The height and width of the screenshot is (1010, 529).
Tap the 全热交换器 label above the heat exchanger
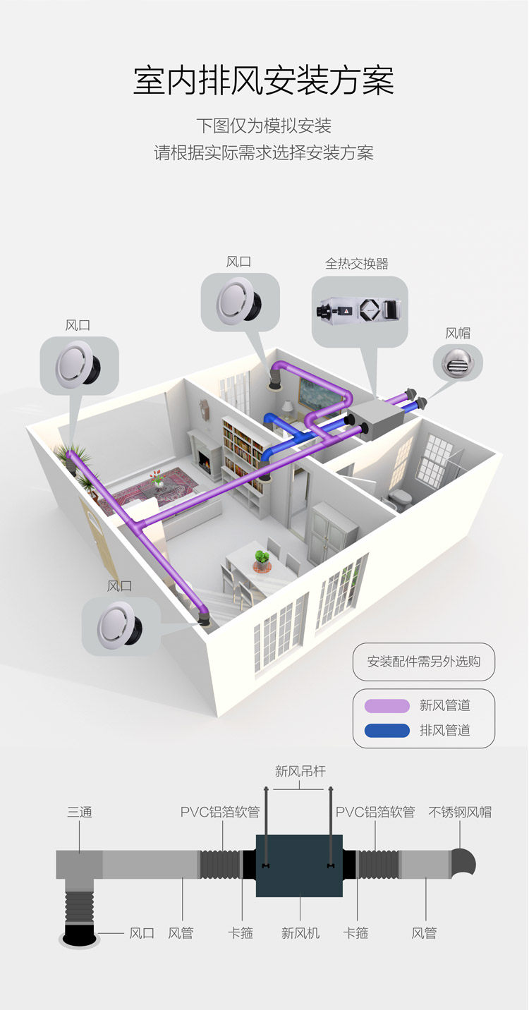point(356,264)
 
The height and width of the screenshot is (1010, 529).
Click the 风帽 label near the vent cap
point(457,333)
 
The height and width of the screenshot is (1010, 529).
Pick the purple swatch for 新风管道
point(387,706)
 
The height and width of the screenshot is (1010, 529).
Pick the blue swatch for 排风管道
point(387,730)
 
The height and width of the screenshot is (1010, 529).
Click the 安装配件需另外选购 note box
point(423,662)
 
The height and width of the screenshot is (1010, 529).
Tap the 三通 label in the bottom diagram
point(80,812)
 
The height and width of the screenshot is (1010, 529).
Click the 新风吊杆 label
point(300,772)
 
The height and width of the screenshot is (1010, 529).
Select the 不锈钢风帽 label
point(460,812)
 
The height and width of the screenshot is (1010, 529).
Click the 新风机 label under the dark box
point(300,933)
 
